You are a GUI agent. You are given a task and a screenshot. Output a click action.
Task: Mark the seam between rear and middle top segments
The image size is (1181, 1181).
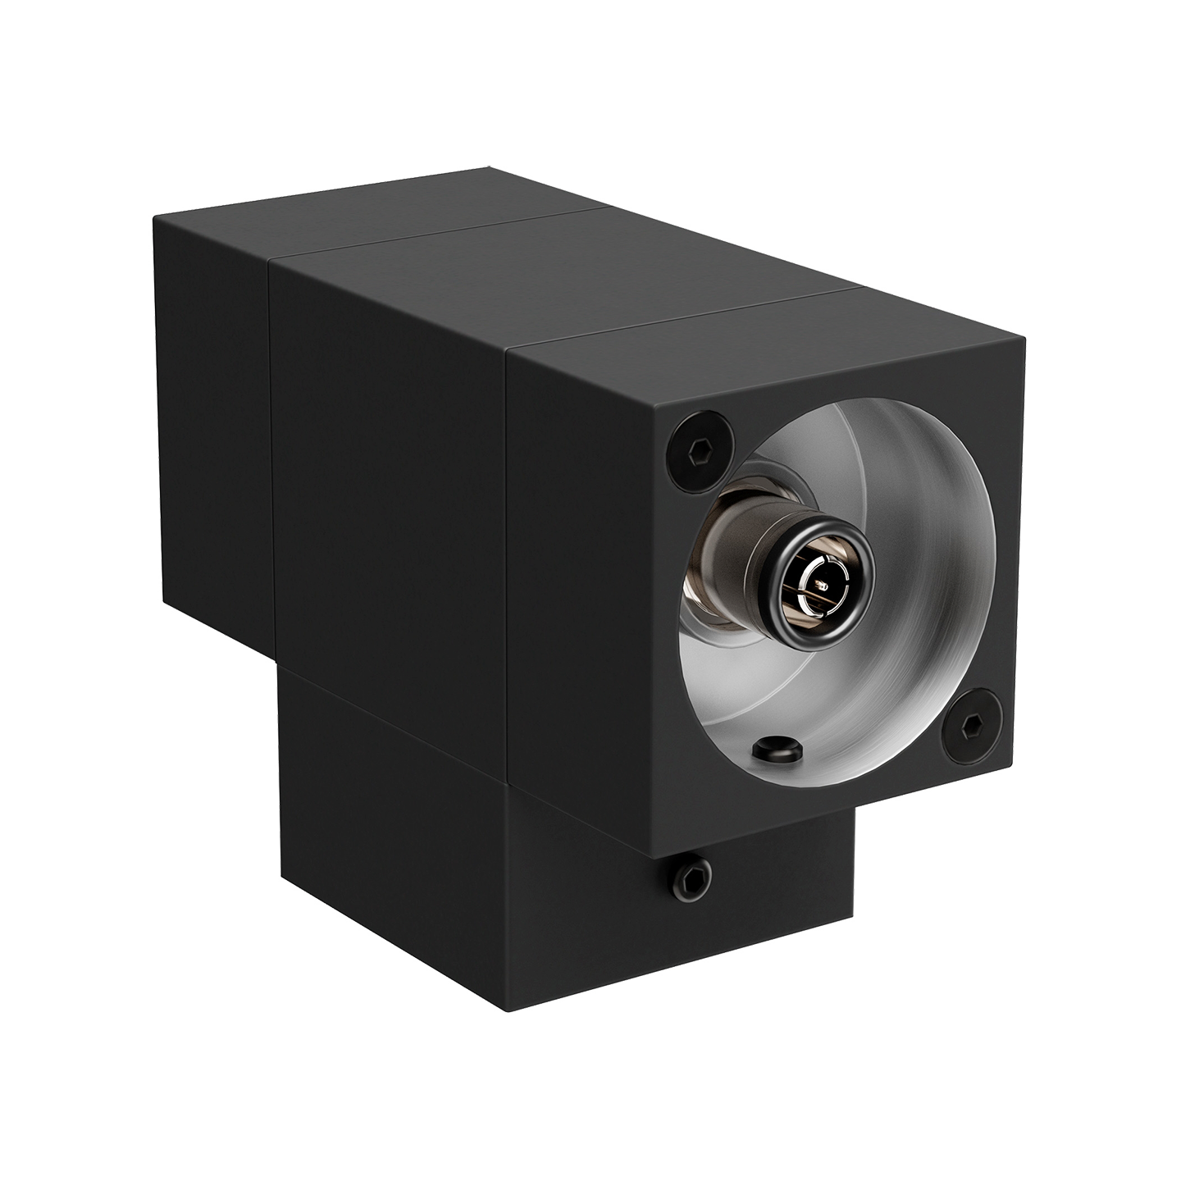click(443, 238)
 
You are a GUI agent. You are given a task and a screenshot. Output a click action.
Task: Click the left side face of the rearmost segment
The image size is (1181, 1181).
click(213, 410)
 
